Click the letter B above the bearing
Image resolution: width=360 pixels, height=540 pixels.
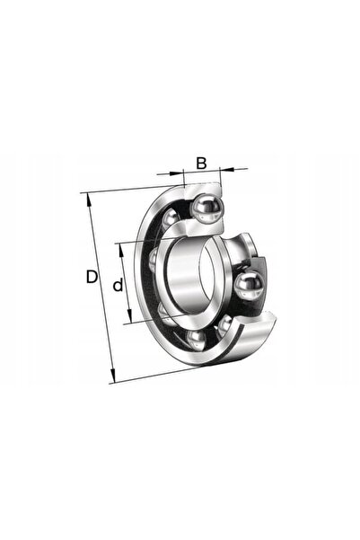(201, 164)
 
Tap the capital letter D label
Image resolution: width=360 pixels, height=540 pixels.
(92, 277)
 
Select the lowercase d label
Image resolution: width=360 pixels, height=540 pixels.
(118, 285)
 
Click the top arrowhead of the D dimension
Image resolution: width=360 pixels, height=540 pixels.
(89, 199)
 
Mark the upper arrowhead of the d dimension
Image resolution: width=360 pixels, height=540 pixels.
(120, 251)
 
